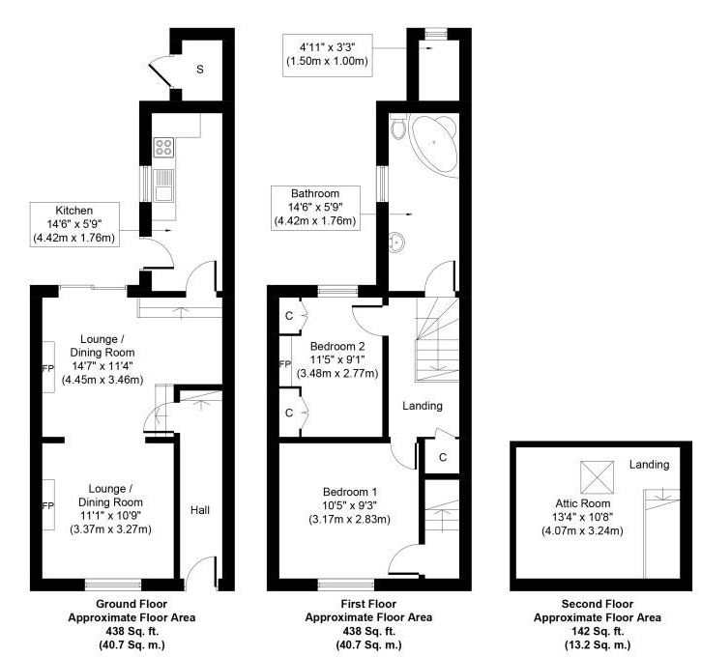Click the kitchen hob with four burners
tap(163, 148)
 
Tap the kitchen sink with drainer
tap(163, 186)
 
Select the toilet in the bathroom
tap(398, 127)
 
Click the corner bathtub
tap(435, 142)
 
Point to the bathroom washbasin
tap(397, 243)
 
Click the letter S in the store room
tap(200, 70)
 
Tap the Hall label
tap(200, 510)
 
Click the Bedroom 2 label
tap(337, 346)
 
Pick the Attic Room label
tap(582, 503)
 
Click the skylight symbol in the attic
tap(597, 476)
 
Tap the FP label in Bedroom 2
tap(285, 364)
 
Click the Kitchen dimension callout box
tap(74, 224)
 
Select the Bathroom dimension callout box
tap(315, 208)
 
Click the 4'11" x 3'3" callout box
tap(328, 55)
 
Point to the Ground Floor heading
tap(131, 604)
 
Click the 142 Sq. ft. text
tap(598, 631)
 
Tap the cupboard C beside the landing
tap(443, 457)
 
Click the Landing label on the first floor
tap(423, 406)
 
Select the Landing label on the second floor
tap(649, 465)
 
